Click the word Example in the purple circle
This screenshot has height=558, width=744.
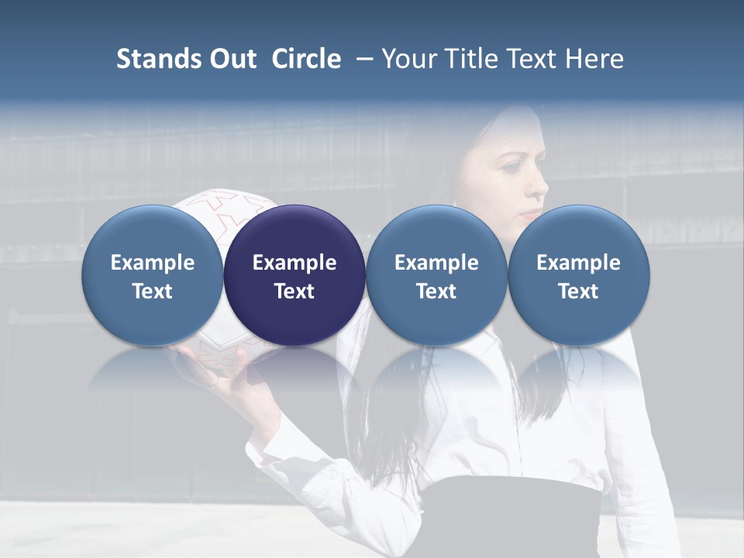pyautogui.click(x=294, y=263)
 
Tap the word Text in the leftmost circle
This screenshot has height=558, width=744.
pyautogui.click(x=153, y=291)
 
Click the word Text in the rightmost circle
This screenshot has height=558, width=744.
pyautogui.click(x=578, y=291)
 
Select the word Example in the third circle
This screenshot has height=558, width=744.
pyautogui.click(x=436, y=263)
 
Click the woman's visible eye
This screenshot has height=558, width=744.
pyautogui.click(x=512, y=166)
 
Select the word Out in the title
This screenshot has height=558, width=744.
pyautogui.click(x=232, y=59)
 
